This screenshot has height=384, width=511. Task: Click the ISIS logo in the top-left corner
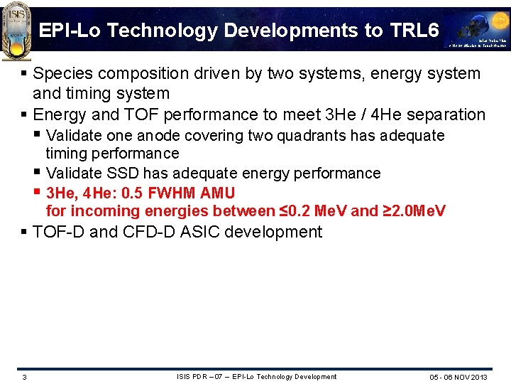tap(16, 26)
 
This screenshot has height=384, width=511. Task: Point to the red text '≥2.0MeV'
tap(414, 211)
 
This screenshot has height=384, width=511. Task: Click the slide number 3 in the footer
tap(24, 377)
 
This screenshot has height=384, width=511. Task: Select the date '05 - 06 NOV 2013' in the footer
tap(458, 377)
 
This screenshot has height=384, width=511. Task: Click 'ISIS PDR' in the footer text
tap(192, 376)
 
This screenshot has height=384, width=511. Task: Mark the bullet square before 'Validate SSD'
tap(38, 173)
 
